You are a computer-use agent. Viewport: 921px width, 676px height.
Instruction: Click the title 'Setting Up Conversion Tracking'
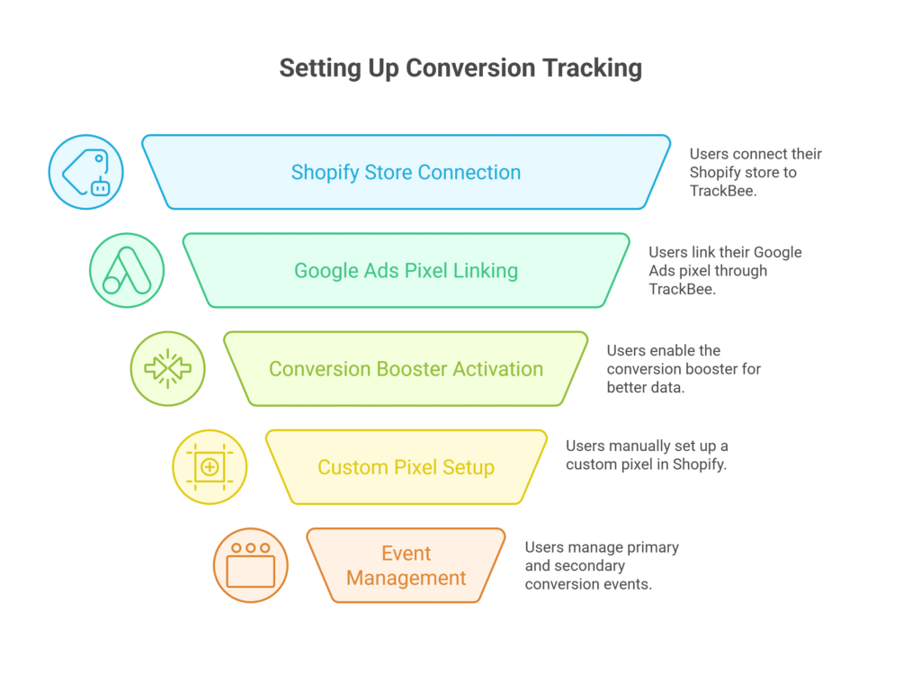[460, 68]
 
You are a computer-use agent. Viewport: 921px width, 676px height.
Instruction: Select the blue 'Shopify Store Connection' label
[406, 172]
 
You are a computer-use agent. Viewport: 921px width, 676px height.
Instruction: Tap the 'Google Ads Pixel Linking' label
[406, 270]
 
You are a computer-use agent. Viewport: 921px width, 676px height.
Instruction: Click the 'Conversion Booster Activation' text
[406, 369]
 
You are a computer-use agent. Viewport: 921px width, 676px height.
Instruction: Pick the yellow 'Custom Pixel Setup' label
[406, 467]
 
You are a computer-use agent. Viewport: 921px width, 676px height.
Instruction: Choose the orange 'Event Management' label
[406, 565]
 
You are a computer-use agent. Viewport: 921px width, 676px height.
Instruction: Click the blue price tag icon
[85, 172]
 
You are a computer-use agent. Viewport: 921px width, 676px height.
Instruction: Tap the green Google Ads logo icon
[127, 270]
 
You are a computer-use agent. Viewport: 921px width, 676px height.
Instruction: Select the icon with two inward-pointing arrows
[168, 369]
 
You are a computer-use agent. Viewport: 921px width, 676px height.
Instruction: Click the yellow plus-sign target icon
[210, 467]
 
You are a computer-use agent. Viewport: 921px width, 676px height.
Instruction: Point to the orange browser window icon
[251, 565]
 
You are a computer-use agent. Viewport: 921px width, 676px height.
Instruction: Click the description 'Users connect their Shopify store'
[756, 172]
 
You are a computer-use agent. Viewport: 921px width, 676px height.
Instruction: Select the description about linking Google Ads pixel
[725, 270]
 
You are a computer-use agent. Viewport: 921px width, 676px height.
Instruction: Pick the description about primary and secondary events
[602, 565]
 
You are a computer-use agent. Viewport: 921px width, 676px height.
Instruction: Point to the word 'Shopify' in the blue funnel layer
[323, 173]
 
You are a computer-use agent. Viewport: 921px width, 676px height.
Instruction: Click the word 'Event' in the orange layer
[406, 553]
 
